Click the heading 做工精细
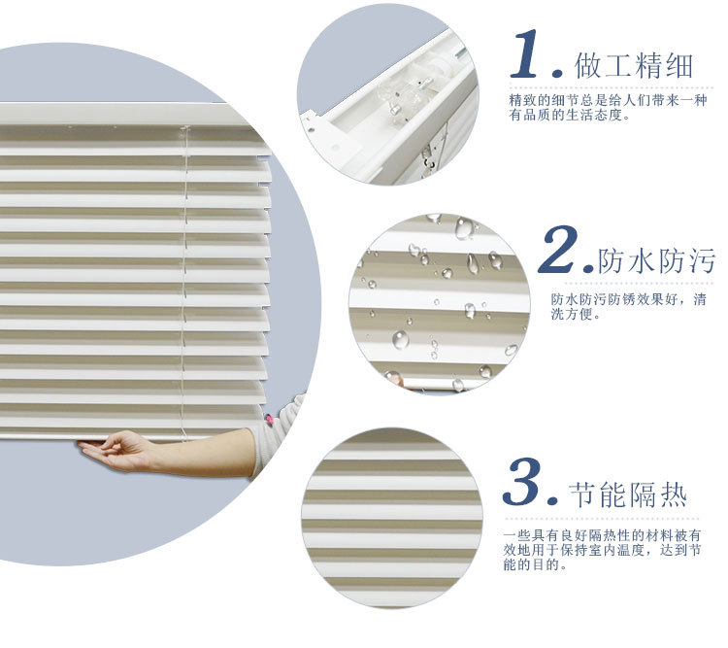pyautogui.click(x=634, y=66)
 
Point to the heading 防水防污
pyautogui.click(x=656, y=261)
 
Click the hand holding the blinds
pyautogui.click(x=117, y=451)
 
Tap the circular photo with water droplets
pyautogui.click(x=439, y=302)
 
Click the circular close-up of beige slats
pyautogui.click(x=391, y=518)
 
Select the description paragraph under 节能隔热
pyautogui.click(x=611, y=550)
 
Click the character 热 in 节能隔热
pyautogui.click(x=672, y=495)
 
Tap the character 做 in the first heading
pyautogui.click(x=589, y=66)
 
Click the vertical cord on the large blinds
pyautogui.click(x=184, y=282)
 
